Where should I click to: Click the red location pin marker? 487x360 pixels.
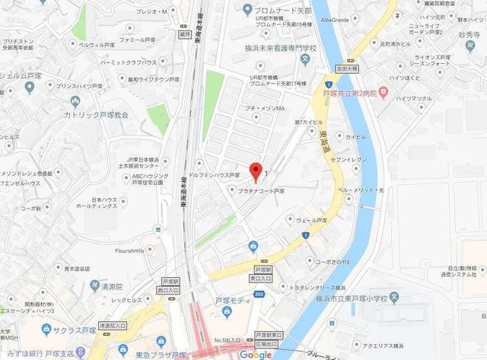[256, 170]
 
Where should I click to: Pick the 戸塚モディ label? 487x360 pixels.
[232, 301]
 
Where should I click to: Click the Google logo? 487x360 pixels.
[256, 353]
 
